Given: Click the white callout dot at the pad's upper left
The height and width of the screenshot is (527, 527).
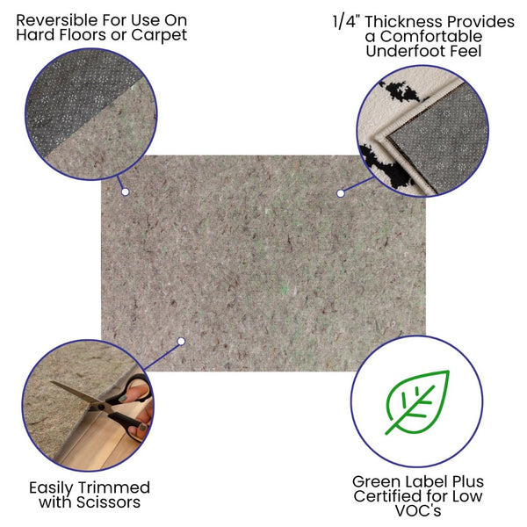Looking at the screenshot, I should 125,191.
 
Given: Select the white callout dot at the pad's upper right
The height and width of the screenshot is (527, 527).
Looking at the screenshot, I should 339,191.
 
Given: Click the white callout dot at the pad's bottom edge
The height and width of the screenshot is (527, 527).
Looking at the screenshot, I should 181,341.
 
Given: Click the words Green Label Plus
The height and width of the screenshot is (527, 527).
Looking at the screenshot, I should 417,482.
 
